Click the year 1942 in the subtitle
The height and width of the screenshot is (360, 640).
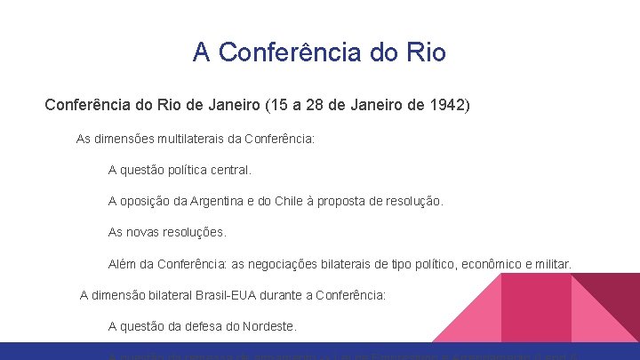click(448, 106)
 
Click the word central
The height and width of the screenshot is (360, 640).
click(231, 169)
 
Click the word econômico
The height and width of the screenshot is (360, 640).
click(503, 264)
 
